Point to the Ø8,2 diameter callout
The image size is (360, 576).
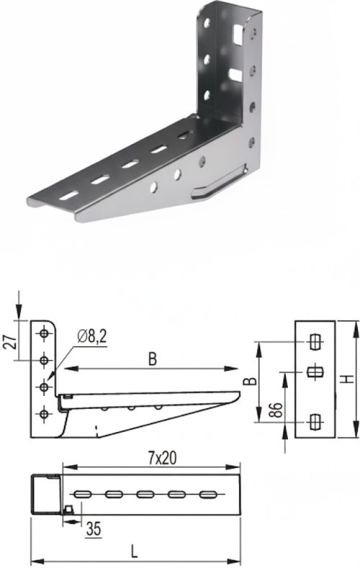[x=92, y=336]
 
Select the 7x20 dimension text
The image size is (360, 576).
[x=162, y=458]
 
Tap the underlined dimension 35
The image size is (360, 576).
[x=94, y=529]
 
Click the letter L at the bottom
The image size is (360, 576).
[x=135, y=552]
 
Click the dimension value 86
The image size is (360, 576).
[x=276, y=410]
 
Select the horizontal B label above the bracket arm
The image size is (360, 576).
[x=153, y=359]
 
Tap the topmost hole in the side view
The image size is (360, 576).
[x=44, y=333]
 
